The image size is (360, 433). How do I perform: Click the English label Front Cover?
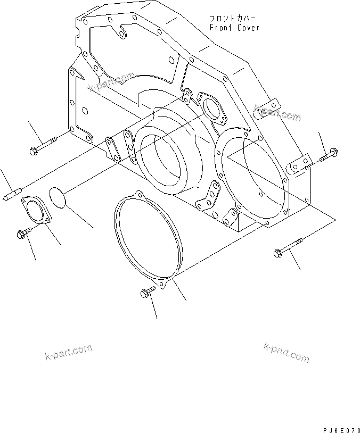pyautogui.click(x=234, y=27)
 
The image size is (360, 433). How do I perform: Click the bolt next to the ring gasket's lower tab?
pyautogui.click(x=146, y=292)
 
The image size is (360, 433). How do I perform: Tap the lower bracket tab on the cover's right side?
pyautogui.click(x=299, y=163)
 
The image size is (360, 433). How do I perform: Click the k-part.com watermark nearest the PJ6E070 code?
pyautogui.click(x=286, y=352)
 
